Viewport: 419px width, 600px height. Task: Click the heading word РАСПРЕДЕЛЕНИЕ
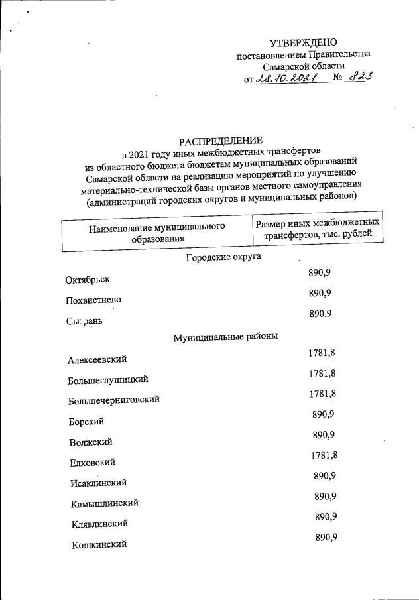221,140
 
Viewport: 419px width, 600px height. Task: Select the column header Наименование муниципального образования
157,232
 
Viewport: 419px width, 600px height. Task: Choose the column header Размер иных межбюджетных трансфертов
318,228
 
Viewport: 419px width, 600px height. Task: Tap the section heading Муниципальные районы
225,337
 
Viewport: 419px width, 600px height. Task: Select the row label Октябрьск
88,280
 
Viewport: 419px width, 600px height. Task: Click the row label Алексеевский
97,360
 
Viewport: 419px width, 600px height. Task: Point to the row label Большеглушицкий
107,380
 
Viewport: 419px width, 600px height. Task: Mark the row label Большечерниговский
113,400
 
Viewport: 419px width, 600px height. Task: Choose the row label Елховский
93,462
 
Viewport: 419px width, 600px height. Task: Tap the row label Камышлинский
104,503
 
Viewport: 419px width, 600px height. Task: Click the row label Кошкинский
99,545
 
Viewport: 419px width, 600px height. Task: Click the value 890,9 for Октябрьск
320,272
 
